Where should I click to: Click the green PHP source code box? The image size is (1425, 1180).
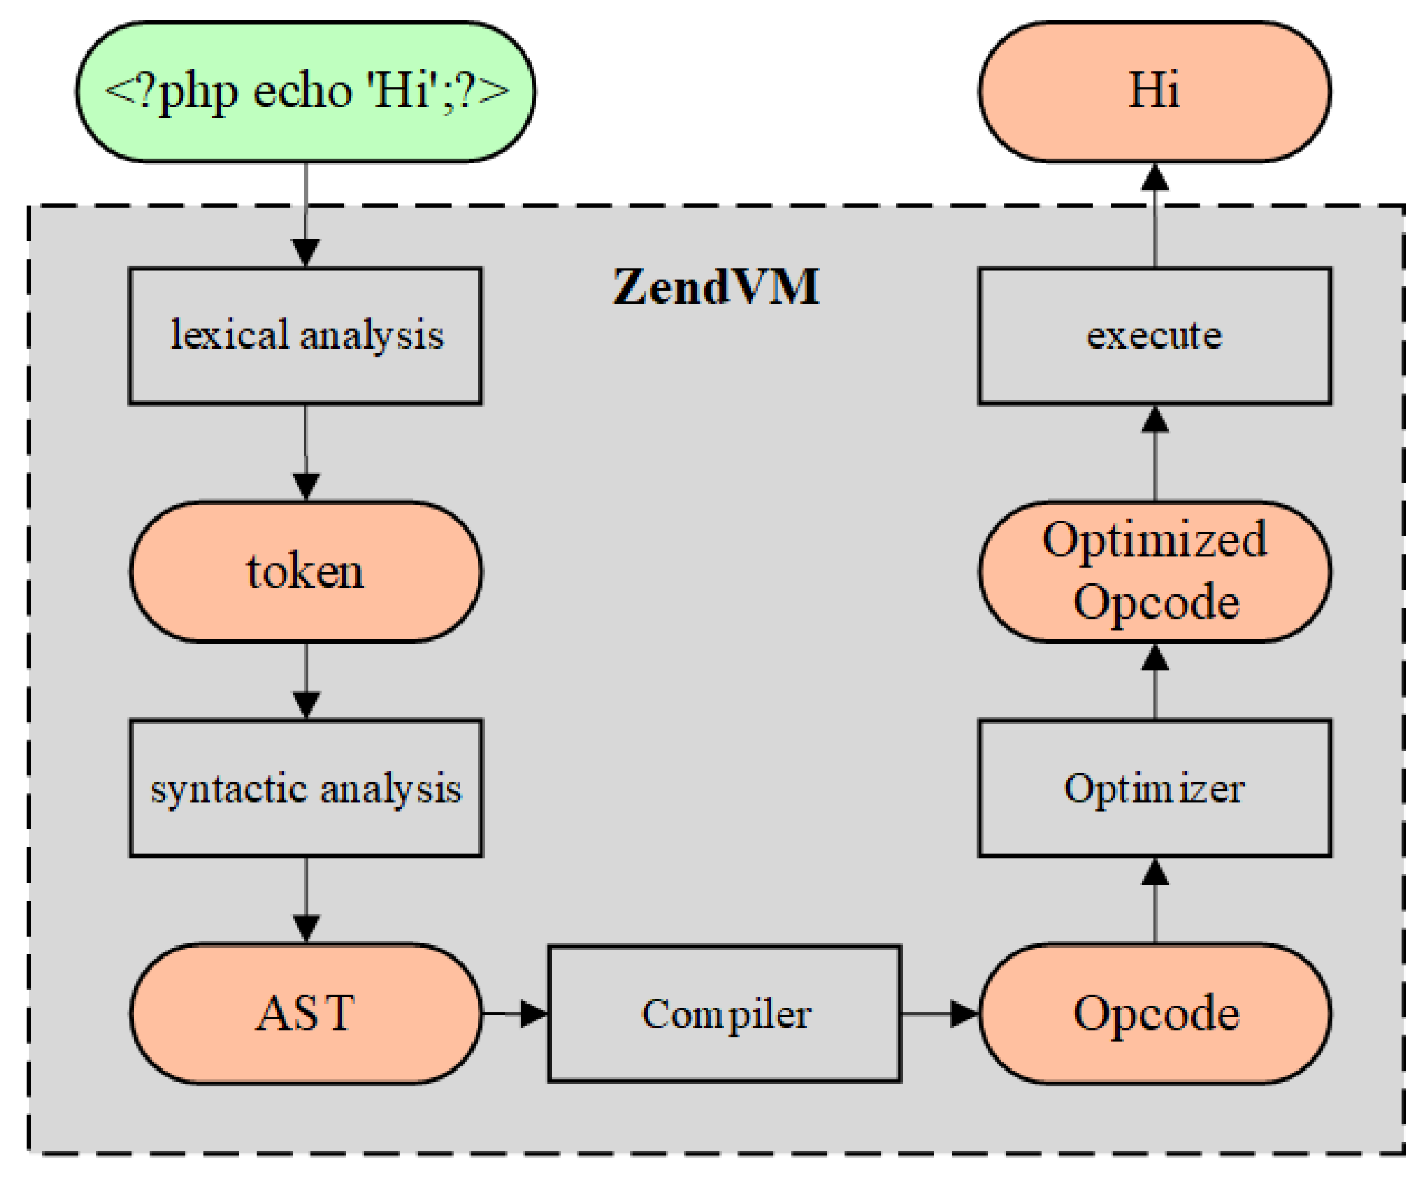tap(305, 92)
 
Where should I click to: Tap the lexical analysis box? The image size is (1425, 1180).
tap(305, 335)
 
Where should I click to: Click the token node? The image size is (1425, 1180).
tap(305, 571)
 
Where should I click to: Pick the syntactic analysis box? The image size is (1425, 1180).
tap(305, 789)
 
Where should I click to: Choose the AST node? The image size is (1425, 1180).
tap(305, 1014)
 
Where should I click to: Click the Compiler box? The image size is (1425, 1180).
tap(725, 1014)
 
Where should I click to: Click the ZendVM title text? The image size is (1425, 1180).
tap(716, 287)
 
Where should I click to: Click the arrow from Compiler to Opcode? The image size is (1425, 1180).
tap(940, 1014)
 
